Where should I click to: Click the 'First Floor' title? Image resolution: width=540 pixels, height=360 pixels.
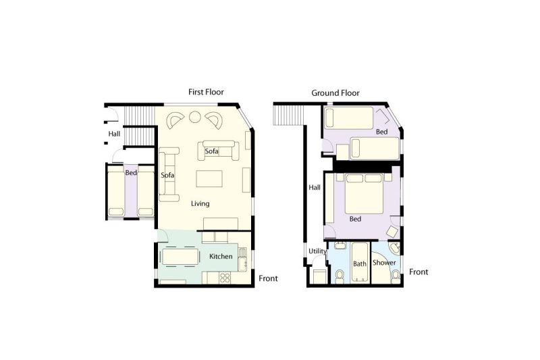[206, 92]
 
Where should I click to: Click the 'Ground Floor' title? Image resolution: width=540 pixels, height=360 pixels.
[335, 93]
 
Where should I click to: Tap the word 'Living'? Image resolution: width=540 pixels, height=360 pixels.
[200, 203]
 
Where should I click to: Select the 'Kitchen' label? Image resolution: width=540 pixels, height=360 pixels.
[221, 257]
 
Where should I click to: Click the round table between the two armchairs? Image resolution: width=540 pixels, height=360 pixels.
[194, 118]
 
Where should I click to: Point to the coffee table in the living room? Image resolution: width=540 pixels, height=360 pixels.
[209, 178]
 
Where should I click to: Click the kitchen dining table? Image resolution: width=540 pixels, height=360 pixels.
[180, 257]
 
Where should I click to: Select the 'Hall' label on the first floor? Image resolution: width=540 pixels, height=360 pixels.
[114, 134]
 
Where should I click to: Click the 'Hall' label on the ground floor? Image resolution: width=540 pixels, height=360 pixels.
[315, 188]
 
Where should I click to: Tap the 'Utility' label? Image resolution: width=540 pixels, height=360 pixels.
[317, 251]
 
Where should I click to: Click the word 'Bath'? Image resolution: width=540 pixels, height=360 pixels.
[360, 263]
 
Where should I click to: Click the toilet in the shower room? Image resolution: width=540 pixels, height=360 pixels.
[395, 272]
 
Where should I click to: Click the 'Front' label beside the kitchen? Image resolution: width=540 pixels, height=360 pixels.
[267, 278]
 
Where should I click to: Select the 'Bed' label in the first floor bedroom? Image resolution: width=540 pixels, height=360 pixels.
[132, 172]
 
